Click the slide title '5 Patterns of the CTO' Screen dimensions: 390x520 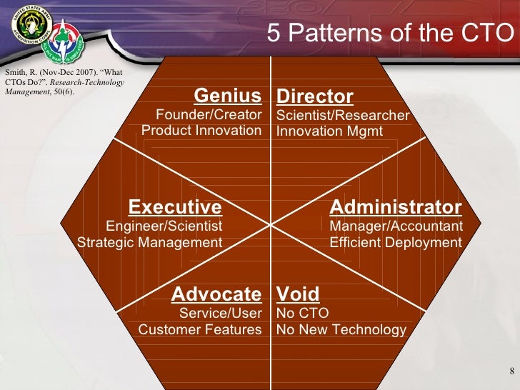390,33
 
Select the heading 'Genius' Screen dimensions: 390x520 228,96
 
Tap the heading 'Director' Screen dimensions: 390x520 315,96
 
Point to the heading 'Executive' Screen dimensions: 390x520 175,207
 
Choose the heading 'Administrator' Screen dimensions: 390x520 396,207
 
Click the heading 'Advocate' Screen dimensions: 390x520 216,294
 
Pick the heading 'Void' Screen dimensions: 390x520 298,294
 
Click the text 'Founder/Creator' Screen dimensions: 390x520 209,114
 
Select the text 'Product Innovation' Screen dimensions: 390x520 201,130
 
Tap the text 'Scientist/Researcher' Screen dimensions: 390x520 343,115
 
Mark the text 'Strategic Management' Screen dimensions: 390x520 150,242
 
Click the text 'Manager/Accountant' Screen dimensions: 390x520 396,226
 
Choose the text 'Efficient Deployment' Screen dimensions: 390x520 396,242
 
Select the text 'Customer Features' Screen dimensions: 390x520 200,329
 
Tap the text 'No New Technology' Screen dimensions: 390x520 341,329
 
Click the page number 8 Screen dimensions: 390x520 512,370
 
